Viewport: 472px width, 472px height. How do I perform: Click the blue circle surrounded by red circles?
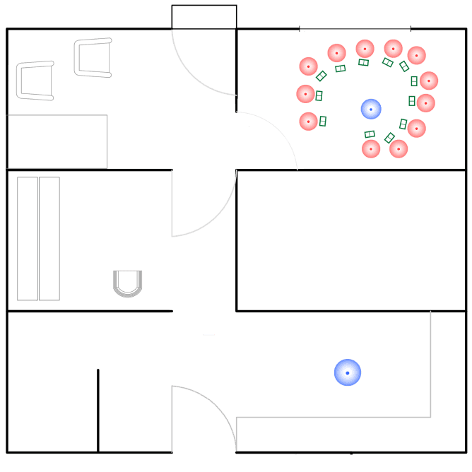click(371, 109)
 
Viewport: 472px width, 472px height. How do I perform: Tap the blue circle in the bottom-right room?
click(348, 372)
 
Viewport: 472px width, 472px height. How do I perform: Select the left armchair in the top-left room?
click(35, 81)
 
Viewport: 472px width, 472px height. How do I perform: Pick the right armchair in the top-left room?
click(93, 57)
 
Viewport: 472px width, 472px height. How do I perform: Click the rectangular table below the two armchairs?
click(57, 141)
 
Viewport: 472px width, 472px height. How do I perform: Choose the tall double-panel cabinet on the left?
click(38, 239)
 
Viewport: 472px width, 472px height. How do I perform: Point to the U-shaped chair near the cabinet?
click(129, 283)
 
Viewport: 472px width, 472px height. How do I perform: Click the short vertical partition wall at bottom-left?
click(98, 410)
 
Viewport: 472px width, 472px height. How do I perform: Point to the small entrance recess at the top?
click(204, 17)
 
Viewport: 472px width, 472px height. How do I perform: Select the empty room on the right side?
click(350, 240)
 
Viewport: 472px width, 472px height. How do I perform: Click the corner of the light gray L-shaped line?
click(430, 417)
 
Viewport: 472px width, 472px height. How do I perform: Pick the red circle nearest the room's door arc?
click(309, 122)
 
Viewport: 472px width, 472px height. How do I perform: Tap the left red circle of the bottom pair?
click(371, 148)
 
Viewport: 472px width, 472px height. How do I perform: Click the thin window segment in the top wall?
click(355, 29)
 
